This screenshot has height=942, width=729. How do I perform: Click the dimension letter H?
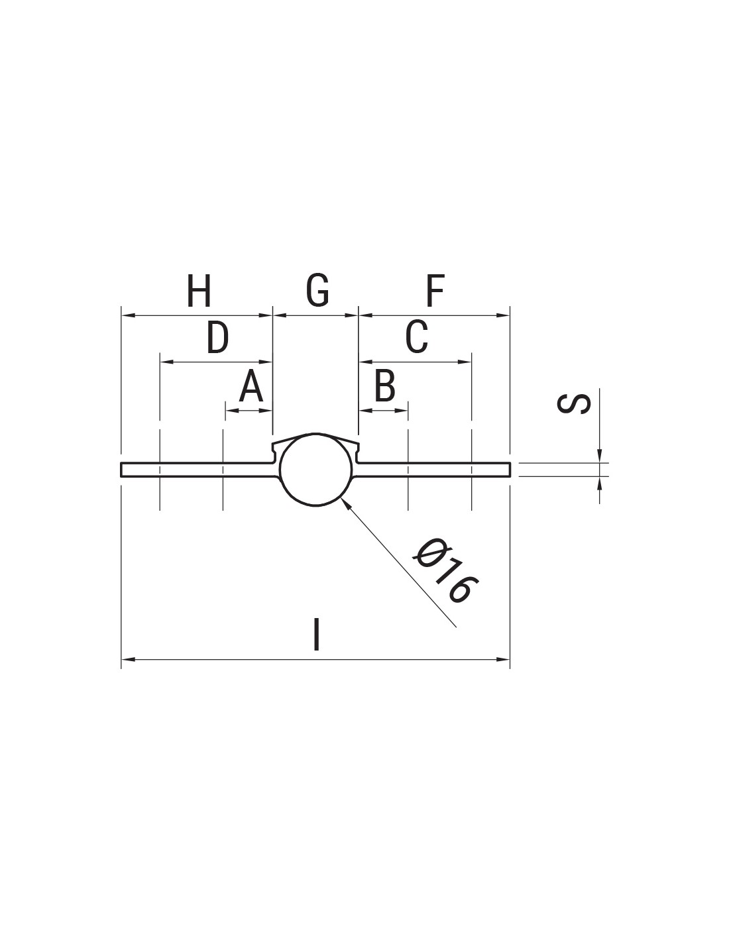pyautogui.click(x=199, y=290)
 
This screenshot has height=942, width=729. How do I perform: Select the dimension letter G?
pyautogui.click(x=317, y=290)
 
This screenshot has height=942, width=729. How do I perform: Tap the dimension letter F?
pyautogui.click(x=435, y=290)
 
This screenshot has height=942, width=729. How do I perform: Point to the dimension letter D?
pyautogui.click(x=217, y=337)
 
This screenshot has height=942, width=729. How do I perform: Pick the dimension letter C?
pyautogui.click(x=417, y=337)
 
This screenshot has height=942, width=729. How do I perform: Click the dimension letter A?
pyautogui.click(x=251, y=386)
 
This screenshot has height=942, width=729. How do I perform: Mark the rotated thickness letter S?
pyautogui.click(x=573, y=403)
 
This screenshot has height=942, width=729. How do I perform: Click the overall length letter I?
pyautogui.click(x=317, y=635)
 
